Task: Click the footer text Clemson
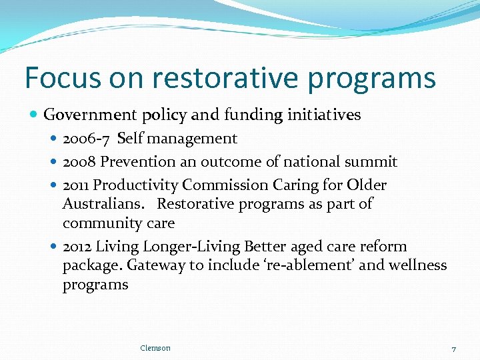(155, 348)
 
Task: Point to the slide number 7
(453, 349)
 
